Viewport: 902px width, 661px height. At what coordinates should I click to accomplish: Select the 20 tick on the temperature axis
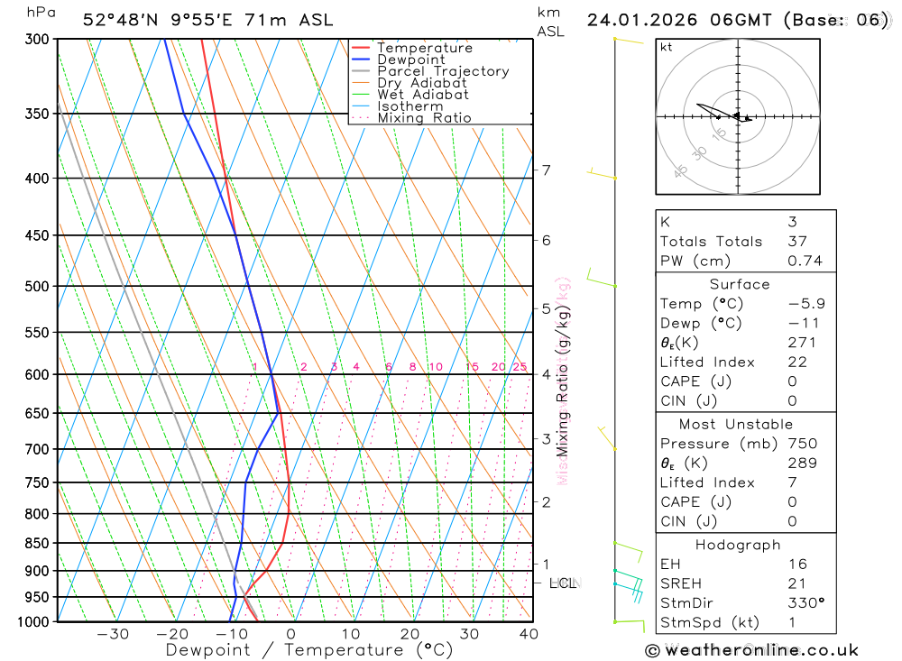click(x=410, y=634)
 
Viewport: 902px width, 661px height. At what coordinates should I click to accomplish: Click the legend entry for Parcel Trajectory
click(x=443, y=71)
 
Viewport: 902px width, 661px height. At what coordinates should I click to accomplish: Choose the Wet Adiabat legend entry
click(x=423, y=95)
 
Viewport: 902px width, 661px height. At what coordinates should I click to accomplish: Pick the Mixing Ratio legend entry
click(x=424, y=118)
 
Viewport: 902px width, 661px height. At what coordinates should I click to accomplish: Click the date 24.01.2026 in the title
click(x=634, y=20)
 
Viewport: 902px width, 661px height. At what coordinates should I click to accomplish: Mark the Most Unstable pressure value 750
click(x=802, y=444)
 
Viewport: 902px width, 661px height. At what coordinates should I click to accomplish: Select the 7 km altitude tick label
click(x=547, y=170)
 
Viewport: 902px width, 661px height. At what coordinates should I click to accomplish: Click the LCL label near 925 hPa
click(x=563, y=583)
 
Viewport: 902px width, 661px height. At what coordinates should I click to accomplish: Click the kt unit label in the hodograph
click(x=666, y=47)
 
